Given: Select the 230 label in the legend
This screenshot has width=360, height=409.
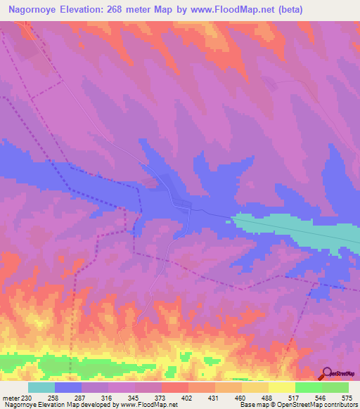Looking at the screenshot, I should point(26,397).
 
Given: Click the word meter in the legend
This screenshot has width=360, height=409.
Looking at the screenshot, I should point(10,397).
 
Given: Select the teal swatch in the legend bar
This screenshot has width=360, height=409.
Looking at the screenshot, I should point(41,387).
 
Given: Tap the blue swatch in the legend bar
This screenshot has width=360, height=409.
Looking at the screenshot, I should point(67,387).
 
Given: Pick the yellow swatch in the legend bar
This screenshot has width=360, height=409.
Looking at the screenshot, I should point(281,387).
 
